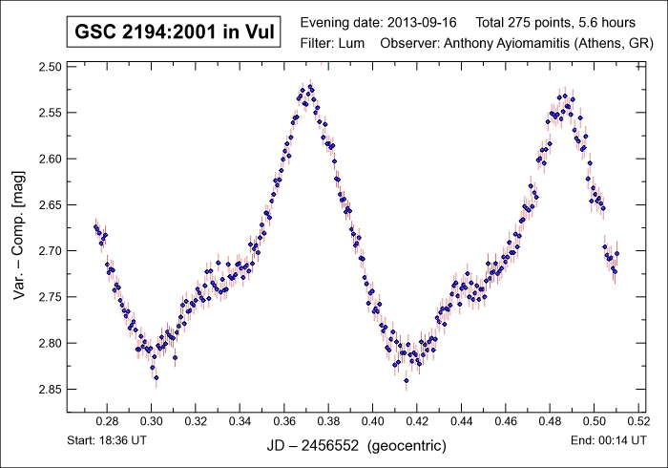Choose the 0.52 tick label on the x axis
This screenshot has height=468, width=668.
pos(637,420)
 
